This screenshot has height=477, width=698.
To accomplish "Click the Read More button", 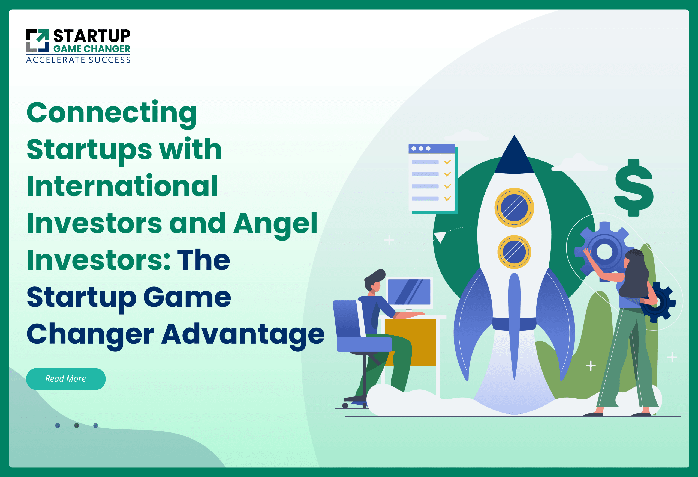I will (66, 379).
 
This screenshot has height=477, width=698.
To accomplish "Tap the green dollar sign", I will (634, 188).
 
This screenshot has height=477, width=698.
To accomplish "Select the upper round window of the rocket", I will (514, 208).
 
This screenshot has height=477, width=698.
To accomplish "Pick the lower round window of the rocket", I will (514, 252).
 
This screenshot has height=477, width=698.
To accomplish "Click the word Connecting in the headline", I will (112, 113).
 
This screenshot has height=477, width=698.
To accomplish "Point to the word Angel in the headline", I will (275, 223).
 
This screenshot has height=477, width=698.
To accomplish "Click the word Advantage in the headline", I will (243, 334).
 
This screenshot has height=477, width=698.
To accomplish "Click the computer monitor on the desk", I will (409, 292).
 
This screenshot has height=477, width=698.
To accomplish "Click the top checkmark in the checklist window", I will (447, 162).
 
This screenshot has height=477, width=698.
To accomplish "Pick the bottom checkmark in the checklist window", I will (447, 198).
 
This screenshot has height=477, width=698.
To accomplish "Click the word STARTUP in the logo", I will (92, 36).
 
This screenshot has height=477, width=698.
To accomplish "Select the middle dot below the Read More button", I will (77, 425).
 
